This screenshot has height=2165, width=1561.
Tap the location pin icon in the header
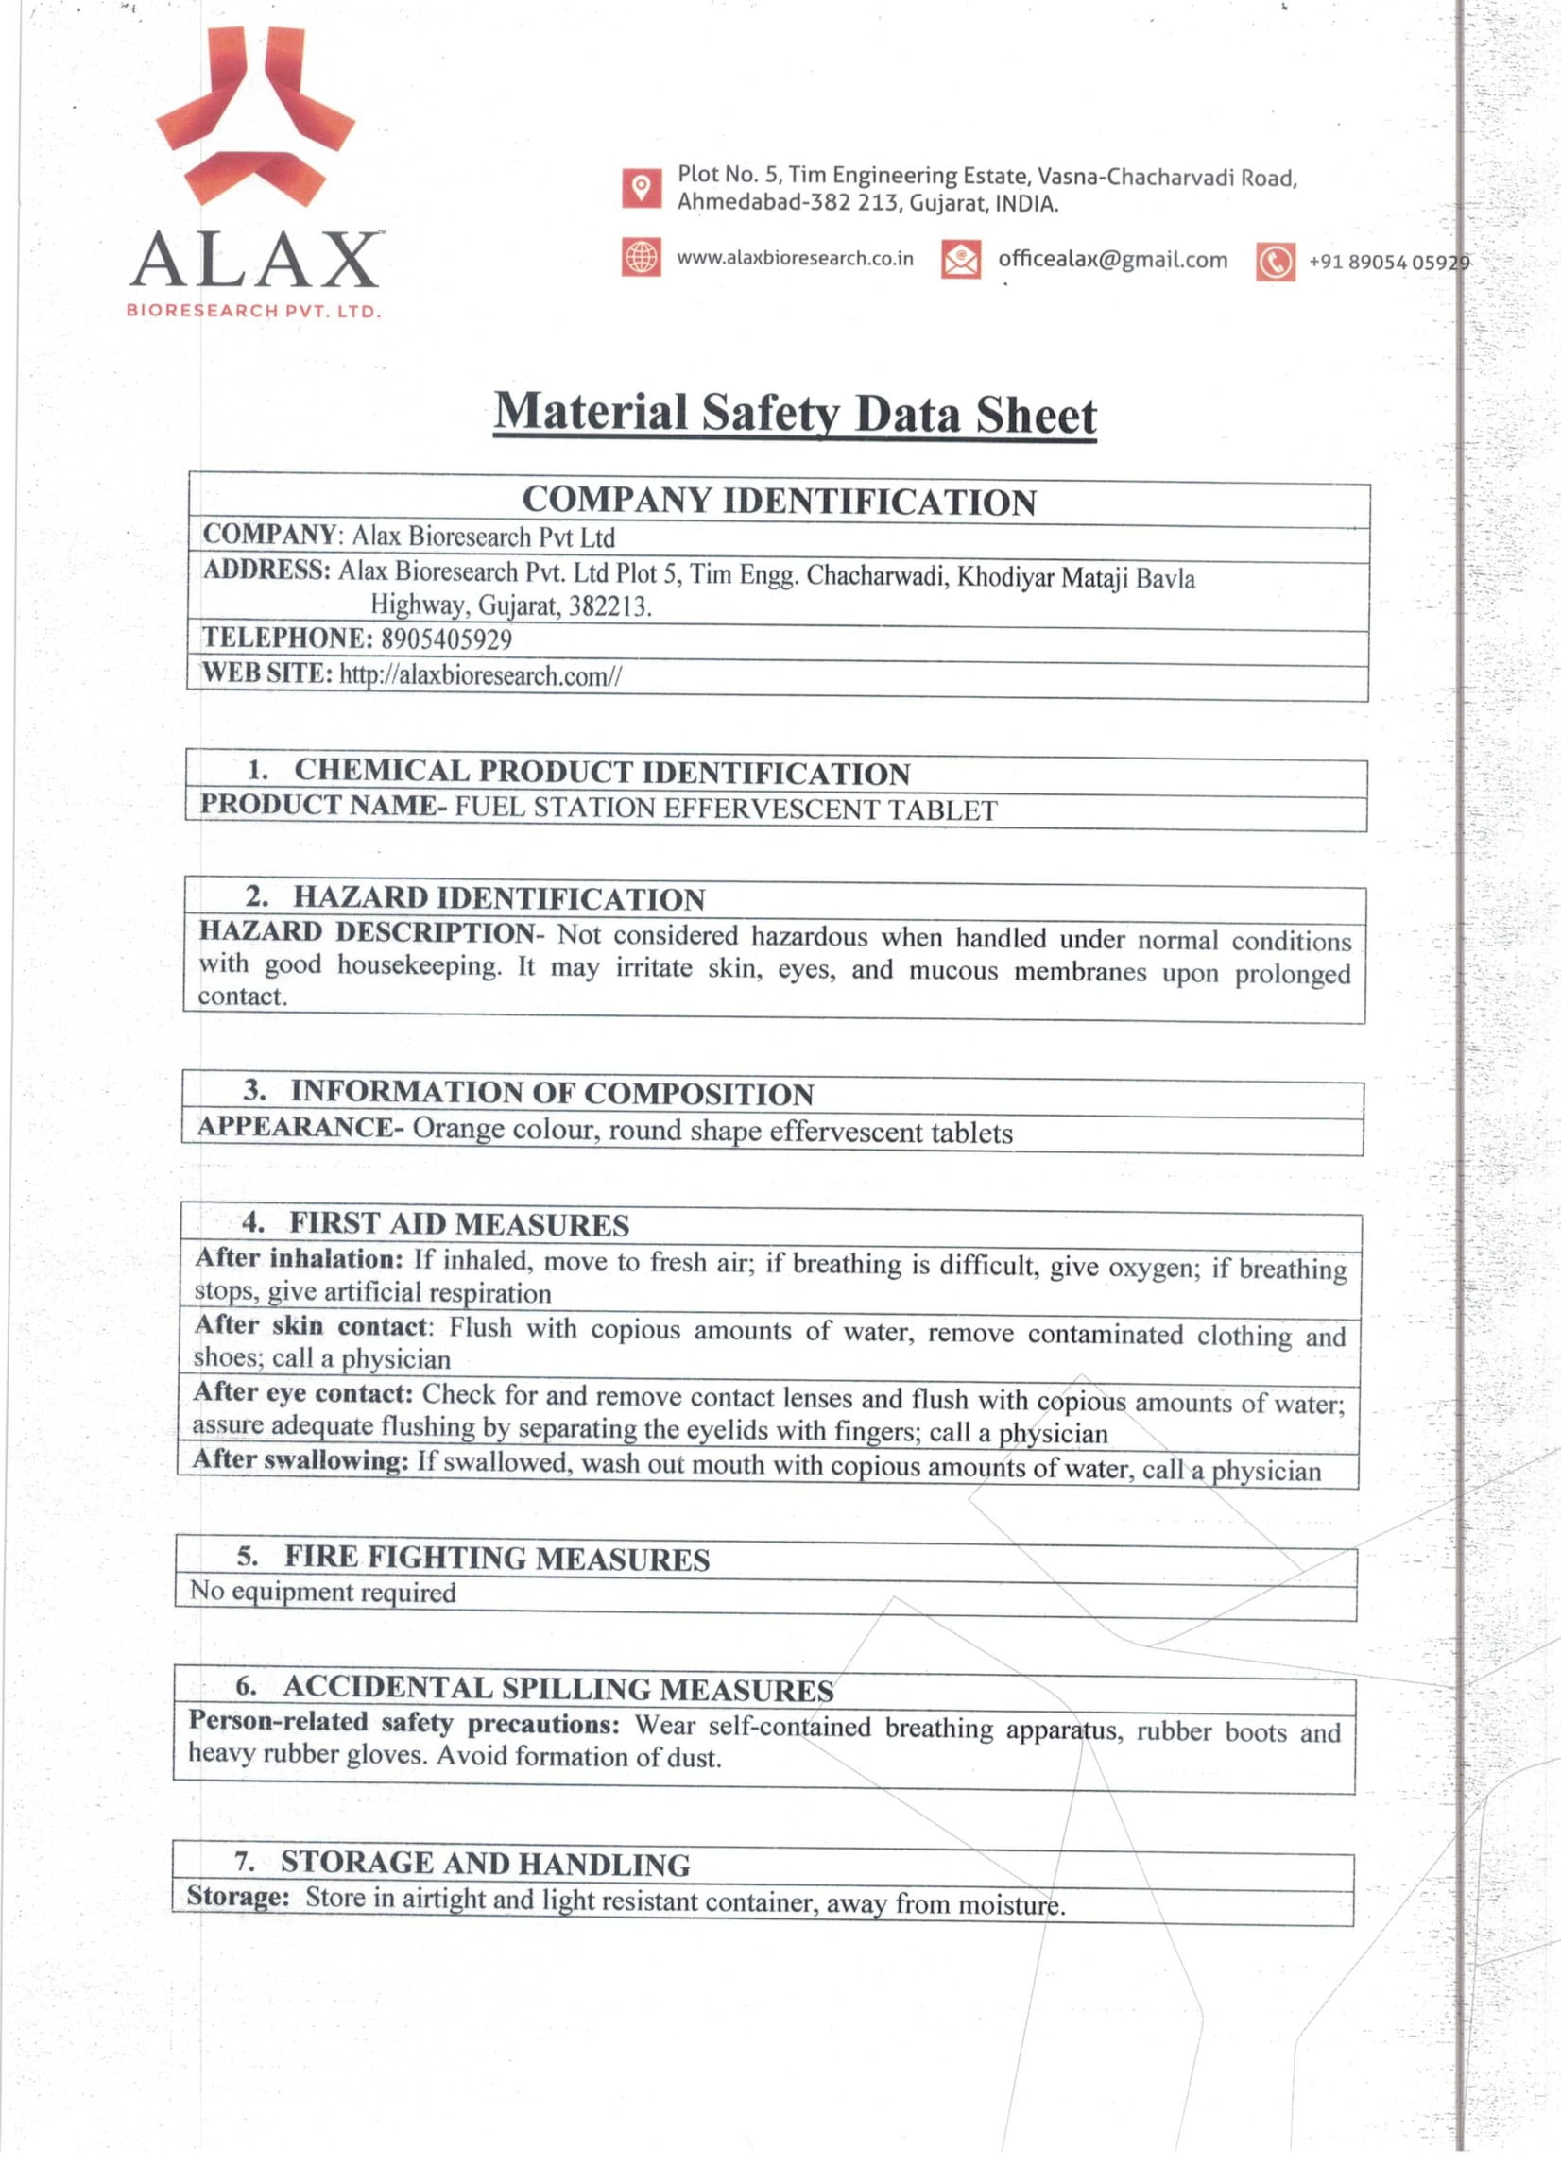click(641, 188)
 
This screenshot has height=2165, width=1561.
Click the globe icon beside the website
click(641, 257)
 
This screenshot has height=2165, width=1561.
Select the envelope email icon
click(959, 259)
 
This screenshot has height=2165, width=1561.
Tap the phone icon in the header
click(1275, 262)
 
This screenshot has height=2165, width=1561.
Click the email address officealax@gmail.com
click(1112, 260)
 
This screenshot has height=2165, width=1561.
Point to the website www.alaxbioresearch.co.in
click(795, 258)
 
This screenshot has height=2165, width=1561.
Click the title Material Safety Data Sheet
click(795, 415)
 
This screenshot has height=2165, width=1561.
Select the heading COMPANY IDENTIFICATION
click(778, 503)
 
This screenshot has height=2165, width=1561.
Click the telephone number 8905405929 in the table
click(446, 639)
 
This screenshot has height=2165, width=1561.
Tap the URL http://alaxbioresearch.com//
click(480, 675)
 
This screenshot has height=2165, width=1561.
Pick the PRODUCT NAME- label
click(322, 805)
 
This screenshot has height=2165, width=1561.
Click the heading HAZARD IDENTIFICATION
click(498, 898)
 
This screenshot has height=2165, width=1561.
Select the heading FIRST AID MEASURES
click(458, 1224)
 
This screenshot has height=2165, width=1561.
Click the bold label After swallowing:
click(300, 1459)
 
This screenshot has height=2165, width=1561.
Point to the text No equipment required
click(323, 1592)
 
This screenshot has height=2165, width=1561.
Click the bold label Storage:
click(238, 1895)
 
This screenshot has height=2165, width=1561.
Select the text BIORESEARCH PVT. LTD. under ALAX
click(254, 311)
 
